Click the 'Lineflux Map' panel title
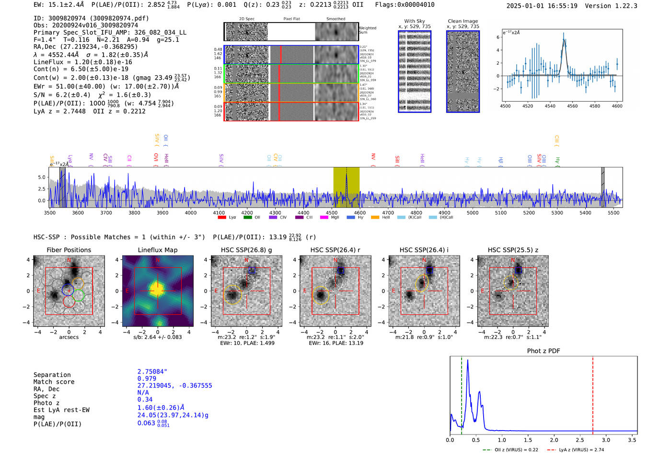coord(157,250)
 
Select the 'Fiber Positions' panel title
coord(69,250)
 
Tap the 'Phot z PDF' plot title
coord(543,351)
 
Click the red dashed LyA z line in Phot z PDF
coord(593,393)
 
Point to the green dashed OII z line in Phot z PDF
coord(462,393)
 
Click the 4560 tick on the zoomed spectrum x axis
coord(572,106)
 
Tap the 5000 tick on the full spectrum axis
coord(473,213)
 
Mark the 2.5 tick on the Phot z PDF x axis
coord(580,440)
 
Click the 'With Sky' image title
coord(415,21)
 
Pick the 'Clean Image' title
coord(463,21)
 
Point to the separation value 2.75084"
coord(152,372)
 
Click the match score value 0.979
coord(147,378)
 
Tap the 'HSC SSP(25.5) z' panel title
coord(513,250)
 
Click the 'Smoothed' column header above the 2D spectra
coord(335,19)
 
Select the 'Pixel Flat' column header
coord(291,19)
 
